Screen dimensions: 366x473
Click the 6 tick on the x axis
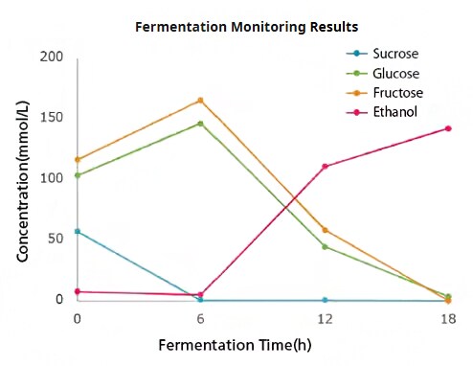(x=200, y=317)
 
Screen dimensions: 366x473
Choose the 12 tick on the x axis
(x=325, y=317)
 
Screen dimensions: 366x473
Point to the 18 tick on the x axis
(x=447, y=317)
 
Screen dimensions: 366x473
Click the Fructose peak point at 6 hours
(x=200, y=100)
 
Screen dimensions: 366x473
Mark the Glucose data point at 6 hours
(x=200, y=124)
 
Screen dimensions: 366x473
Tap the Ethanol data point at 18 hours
(x=448, y=128)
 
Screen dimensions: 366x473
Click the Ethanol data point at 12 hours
(x=325, y=166)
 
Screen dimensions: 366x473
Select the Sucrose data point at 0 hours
(x=77, y=232)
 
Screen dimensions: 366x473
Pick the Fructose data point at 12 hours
(x=325, y=230)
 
